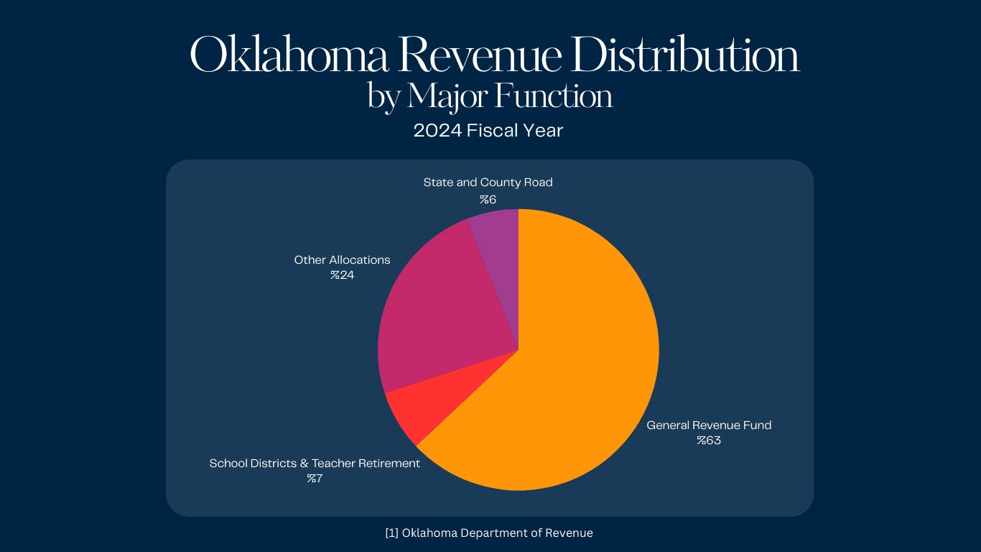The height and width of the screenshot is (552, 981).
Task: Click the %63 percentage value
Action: (x=708, y=441)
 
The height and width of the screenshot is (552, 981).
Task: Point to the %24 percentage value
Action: (x=342, y=275)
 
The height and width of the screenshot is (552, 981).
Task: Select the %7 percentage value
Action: (x=315, y=479)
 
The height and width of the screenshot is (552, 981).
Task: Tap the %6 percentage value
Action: (x=488, y=199)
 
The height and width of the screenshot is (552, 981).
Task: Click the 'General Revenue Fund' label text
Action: (x=709, y=425)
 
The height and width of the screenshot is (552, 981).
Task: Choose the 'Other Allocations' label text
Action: (x=342, y=260)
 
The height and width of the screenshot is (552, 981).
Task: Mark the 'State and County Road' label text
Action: (x=488, y=183)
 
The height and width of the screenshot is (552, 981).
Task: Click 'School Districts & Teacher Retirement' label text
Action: (x=315, y=464)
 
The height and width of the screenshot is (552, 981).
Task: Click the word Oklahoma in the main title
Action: (x=288, y=56)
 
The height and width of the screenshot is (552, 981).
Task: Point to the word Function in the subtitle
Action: (x=554, y=97)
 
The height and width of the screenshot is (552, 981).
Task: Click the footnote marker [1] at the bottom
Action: (x=391, y=533)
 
